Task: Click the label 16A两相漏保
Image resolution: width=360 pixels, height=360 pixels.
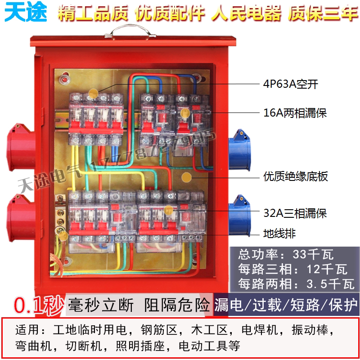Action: [x=295, y=113]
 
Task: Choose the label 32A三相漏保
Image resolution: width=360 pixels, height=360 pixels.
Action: [x=295, y=212]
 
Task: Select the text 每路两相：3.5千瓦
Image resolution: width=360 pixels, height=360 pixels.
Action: [x=292, y=284]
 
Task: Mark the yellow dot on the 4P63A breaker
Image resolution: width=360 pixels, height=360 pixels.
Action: [x=93, y=93]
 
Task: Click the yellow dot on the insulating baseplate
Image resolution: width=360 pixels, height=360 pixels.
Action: [x=186, y=176]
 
